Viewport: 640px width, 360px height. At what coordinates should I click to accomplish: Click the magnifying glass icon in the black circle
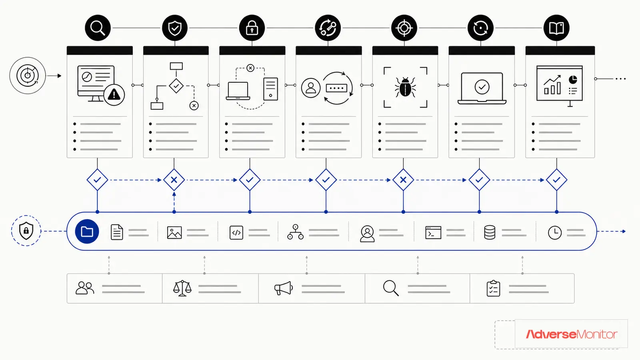pos(98,28)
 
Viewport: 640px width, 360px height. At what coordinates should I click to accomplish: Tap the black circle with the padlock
pos(252,28)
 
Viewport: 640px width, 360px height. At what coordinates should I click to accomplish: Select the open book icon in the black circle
pos(556,28)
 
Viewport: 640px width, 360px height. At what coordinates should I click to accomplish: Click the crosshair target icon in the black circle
pos(404,28)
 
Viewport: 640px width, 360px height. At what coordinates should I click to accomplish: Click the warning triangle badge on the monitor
pos(114,94)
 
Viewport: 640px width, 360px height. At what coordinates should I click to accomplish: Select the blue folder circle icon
pos(87,232)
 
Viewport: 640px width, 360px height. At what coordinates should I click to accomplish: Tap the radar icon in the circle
pos(28,76)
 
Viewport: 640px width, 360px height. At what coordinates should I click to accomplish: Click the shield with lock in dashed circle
pos(26,230)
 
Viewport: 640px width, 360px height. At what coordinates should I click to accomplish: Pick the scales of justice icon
pos(182,288)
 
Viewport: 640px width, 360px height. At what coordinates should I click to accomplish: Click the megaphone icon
pos(284,288)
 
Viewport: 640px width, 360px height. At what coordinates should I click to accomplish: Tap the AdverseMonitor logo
pos(572,334)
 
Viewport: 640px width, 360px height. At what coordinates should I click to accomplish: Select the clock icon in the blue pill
pos(554,232)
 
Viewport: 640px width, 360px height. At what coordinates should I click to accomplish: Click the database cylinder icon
pos(490,232)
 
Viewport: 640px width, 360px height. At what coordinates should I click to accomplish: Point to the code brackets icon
pos(236,232)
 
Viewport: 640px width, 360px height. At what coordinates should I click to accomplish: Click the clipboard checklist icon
pos(494,288)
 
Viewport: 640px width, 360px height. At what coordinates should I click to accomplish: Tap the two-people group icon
pos(85,288)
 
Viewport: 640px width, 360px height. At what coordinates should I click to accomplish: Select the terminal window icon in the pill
pos(433,232)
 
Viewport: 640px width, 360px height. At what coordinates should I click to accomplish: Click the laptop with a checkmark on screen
pos(482,88)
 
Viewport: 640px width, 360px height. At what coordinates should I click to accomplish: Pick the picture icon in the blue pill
pos(174,232)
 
